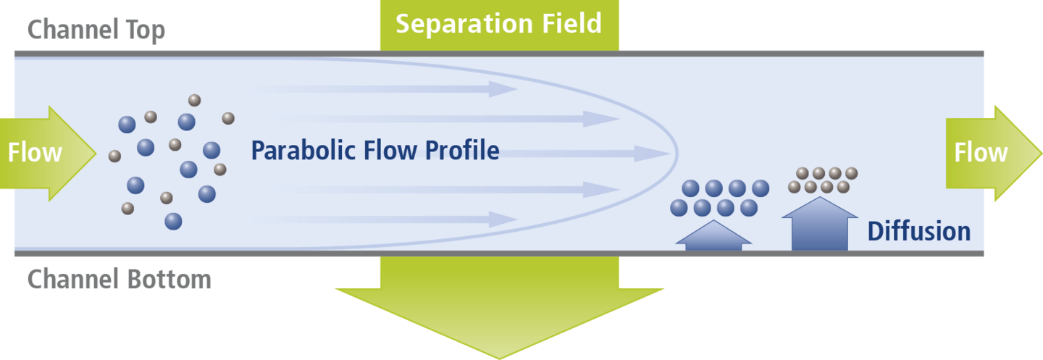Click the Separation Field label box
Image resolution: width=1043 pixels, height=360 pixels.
coord(499,25)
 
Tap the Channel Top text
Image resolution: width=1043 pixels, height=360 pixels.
coord(96,30)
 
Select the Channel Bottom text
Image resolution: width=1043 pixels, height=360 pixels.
coord(120,279)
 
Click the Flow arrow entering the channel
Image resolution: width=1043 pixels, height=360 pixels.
coord(43,153)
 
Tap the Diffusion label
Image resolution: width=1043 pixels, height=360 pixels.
coord(919,232)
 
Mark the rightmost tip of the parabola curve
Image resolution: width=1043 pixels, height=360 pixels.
coord(677,153)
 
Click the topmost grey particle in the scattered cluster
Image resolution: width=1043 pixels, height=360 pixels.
coord(194,100)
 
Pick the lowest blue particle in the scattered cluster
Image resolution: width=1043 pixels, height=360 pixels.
coord(173,221)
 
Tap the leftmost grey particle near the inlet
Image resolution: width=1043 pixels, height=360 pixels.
coord(114,156)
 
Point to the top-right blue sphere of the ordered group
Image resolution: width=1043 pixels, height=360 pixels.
coord(761,188)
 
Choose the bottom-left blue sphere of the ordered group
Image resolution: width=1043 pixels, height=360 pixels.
coord(679,208)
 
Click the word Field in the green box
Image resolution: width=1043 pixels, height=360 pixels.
coord(569,24)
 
